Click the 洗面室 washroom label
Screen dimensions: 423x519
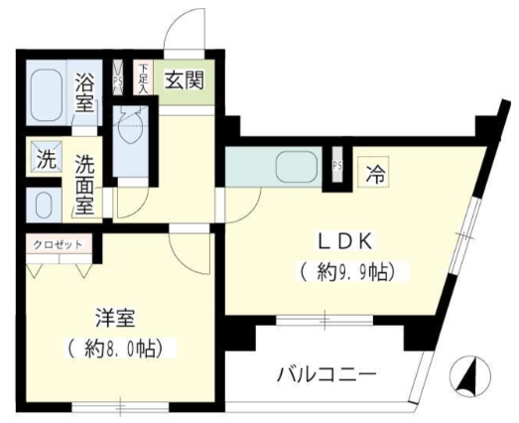86,187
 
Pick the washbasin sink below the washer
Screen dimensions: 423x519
43,205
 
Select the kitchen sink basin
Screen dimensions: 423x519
295,167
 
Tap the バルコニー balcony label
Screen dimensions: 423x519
325,377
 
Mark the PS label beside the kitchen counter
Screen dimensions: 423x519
336,166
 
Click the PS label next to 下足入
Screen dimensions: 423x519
119,78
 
